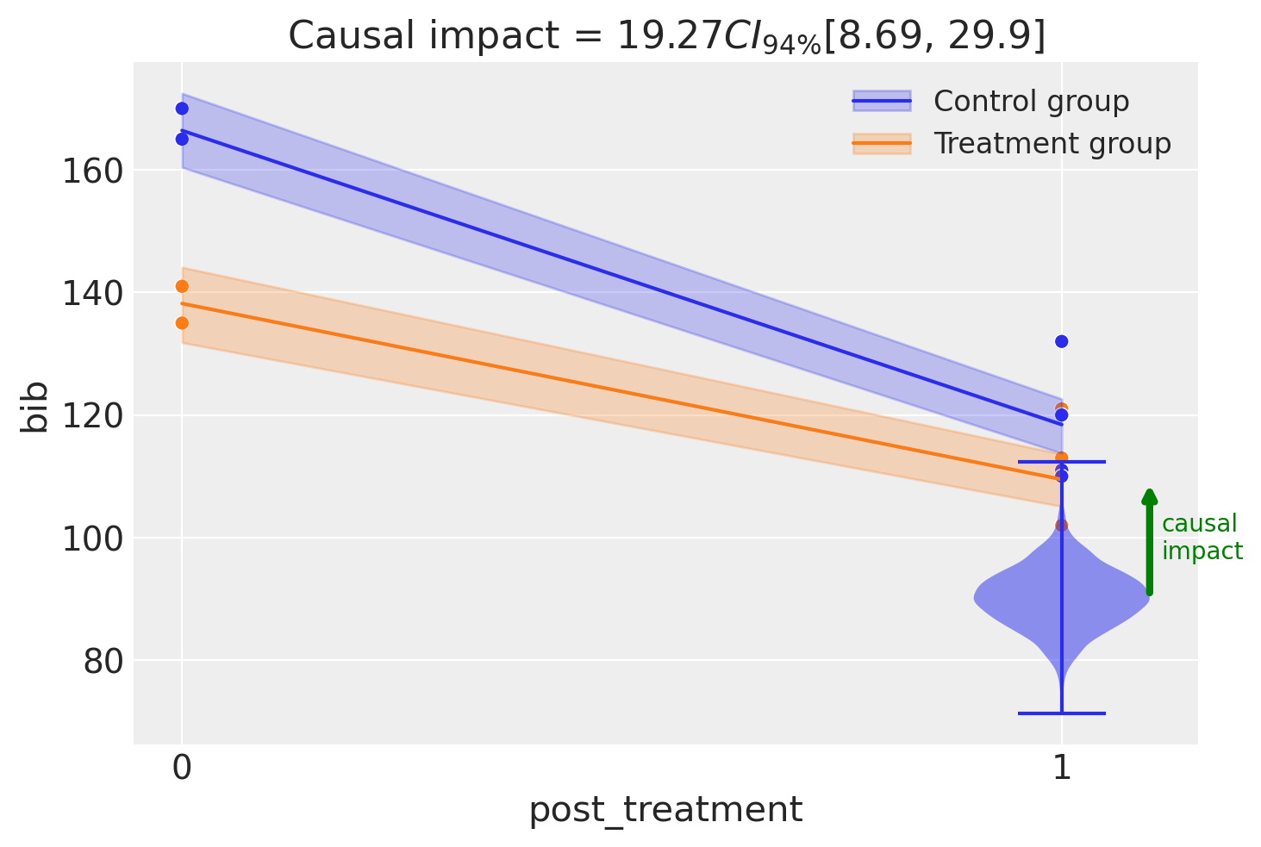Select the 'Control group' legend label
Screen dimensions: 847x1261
coord(1031,102)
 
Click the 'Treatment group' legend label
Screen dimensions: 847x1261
coord(1052,144)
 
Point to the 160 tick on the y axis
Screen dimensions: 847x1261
coord(90,171)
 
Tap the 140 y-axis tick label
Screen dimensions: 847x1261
coord(90,293)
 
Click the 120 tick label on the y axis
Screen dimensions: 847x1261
coord(90,415)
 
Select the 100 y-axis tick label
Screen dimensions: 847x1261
coord(90,539)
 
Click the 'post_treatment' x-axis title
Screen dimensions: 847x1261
coord(665,811)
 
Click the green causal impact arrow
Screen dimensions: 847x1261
coord(1149,543)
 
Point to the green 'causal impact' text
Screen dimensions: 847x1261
coord(1202,538)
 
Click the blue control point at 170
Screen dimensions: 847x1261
coord(182,109)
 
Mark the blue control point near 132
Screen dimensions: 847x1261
coord(1062,341)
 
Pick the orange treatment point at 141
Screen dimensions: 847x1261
coord(182,286)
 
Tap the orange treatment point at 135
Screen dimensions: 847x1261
coord(182,323)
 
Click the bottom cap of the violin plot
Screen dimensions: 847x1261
coord(1062,713)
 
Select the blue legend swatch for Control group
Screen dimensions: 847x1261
coord(882,102)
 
